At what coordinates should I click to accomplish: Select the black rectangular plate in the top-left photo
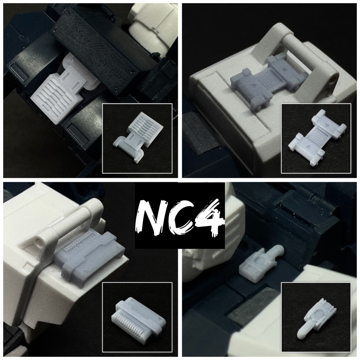click(98, 49)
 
